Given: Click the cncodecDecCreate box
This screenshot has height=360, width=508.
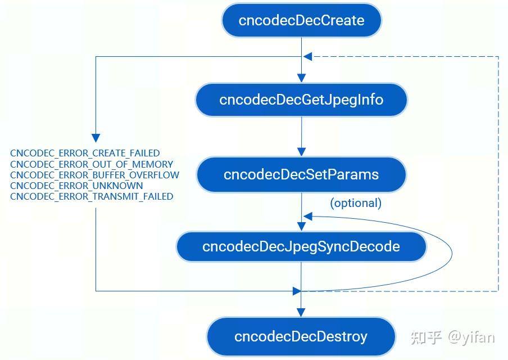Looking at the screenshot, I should coord(301,21).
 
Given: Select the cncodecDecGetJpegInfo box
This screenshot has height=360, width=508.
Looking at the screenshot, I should coord(301,100).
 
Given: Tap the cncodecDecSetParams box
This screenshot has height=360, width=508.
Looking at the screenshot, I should coord(301,174).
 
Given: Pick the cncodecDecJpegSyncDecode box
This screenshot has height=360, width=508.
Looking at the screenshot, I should coord(301,246).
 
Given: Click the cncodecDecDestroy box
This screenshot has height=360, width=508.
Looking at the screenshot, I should coord(301,336).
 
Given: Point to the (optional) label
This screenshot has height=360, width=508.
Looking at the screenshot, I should coord(356,203).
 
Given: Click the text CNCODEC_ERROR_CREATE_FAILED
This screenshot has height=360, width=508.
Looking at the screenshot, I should coord(85,153).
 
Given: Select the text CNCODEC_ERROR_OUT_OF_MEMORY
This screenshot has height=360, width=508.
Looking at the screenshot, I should coord(92,164).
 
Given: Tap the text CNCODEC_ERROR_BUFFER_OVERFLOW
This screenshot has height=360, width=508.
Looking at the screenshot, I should coord(94,175).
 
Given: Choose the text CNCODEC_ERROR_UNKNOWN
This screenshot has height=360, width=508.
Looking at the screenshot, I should coord(76,186).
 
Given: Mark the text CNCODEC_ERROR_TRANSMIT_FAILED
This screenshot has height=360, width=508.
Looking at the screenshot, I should coord(92,196).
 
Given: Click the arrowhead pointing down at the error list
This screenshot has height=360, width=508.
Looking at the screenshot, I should coord(96,138).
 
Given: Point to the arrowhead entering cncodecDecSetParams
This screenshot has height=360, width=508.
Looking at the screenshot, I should coord(302,152).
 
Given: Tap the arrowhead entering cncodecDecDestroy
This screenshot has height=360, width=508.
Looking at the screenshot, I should coord(302,312).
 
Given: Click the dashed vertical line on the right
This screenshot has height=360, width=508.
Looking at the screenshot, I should coord(498,169).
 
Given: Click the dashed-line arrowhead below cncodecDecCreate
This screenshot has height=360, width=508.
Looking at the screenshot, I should coord(307,57).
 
